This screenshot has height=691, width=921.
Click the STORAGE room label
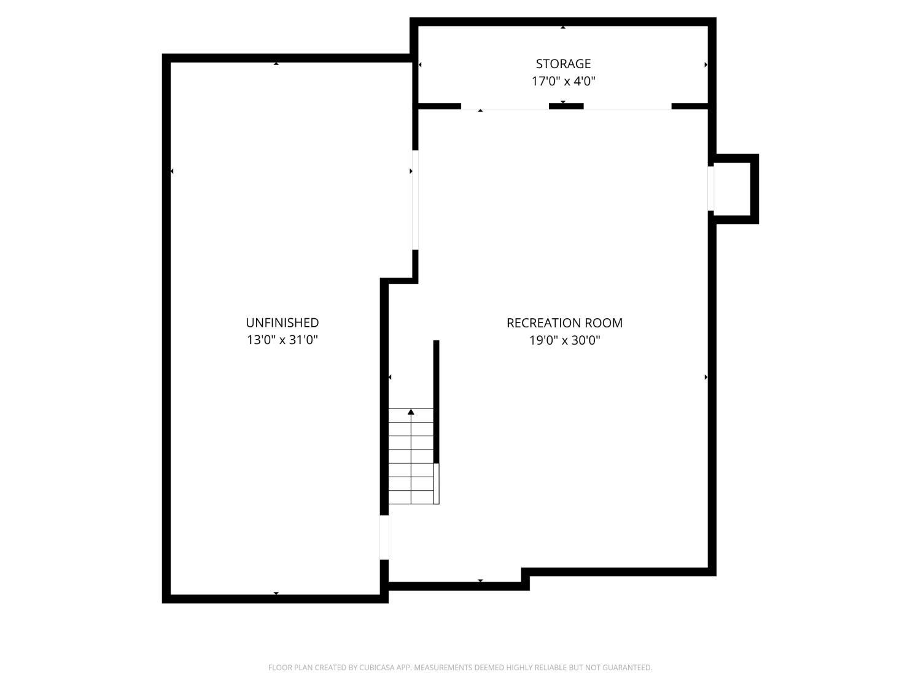click(x=563, y=64)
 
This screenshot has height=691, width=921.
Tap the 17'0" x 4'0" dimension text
click(x=563, y=81)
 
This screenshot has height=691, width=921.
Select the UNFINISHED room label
click(x=282, y=322)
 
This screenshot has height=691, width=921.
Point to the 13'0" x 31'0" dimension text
click(x=282, y=340)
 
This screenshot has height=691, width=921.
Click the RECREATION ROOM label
click(x=564, y=322)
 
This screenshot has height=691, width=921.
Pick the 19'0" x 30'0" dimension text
click(x=564, y=340)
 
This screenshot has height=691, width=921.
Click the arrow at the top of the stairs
click(x=411, y=412)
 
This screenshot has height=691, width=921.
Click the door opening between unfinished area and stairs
click(x=384, y=537)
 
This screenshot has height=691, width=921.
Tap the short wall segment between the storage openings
click(x=565, y=106)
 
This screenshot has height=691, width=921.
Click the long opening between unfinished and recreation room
click(x=415, y=200)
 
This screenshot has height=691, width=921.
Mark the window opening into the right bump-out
click(x=711, y=189)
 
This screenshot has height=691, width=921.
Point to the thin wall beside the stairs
click(x=437, y=402)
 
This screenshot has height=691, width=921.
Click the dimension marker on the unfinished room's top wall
click(x=276, y=63)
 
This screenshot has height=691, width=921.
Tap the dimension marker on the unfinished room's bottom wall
click(x=276, y=593)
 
